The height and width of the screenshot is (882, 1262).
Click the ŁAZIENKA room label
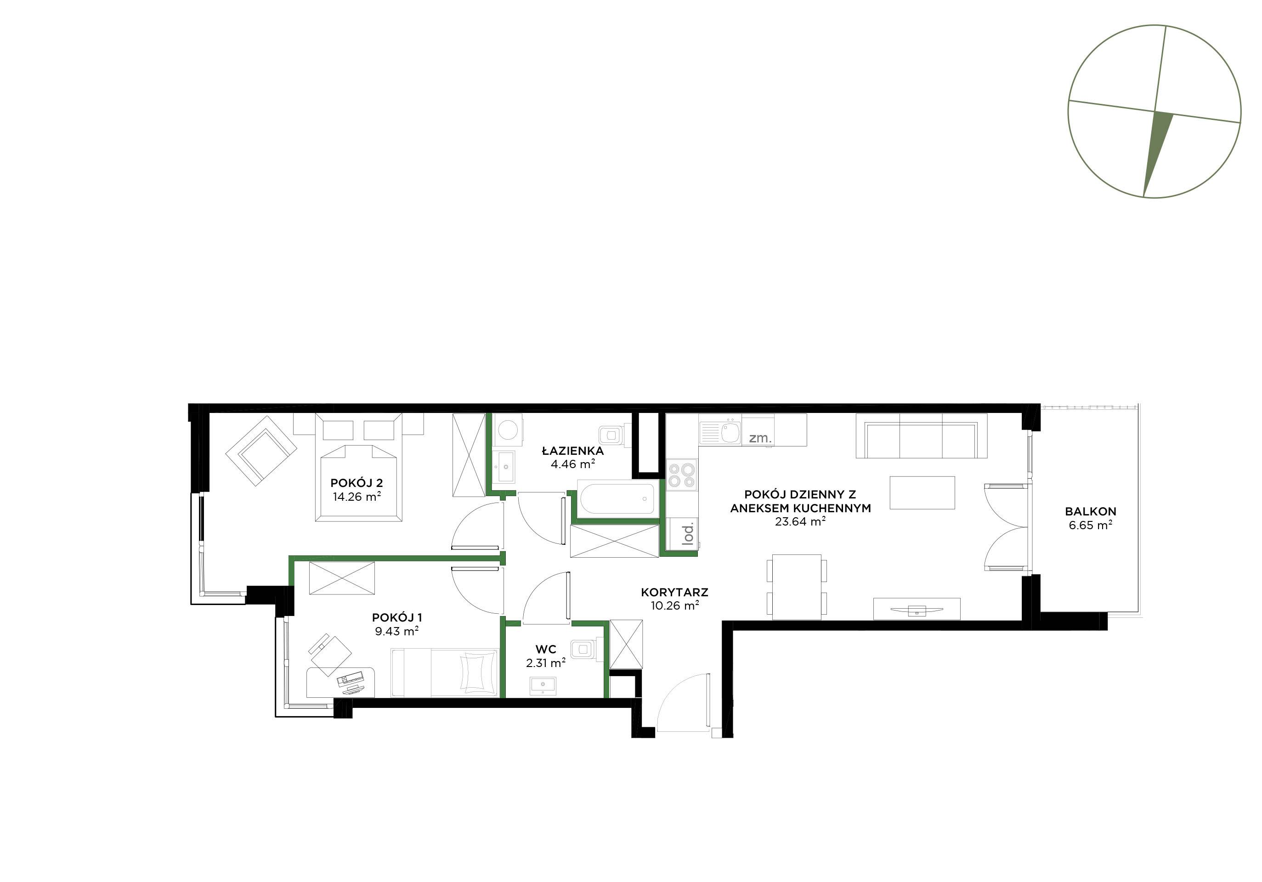click(x=573, y=451)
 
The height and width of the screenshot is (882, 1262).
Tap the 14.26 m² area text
click(x=357, y=497)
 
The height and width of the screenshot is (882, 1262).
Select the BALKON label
click(x=1091, y=511)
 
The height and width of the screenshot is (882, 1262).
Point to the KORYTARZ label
click(x=674, y=593)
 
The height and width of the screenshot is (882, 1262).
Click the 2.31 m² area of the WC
click(x=546, y=663)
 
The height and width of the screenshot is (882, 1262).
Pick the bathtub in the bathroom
click(x=617, y=498)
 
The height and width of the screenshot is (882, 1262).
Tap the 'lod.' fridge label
click(x=688, y=534)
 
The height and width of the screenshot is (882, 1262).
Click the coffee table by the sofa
click(x=922, y=493)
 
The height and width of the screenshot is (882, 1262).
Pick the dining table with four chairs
click(x=797, y=587)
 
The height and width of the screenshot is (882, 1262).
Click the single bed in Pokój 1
click(x=445, y=673)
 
